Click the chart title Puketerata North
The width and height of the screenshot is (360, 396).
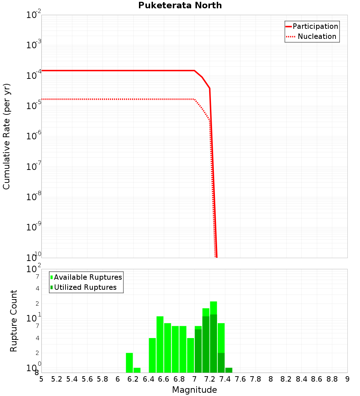[180, 5]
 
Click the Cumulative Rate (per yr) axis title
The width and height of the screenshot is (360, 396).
[6, 136]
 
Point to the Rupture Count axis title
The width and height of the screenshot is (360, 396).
[14, 321]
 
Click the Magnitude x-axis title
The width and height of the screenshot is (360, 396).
[194, 390]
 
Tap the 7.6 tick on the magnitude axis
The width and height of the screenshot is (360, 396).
[240, 379]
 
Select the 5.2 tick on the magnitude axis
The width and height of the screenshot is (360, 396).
[57, 379]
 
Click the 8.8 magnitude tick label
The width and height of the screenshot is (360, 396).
[332, 379]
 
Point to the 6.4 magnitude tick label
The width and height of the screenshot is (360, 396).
[148, 379]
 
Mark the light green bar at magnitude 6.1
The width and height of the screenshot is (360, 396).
[129, 363]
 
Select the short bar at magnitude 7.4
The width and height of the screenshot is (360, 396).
[229, 370]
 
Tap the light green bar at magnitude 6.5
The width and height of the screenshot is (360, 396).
[160, 344]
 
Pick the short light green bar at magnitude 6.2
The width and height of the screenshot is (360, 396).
[137, 370]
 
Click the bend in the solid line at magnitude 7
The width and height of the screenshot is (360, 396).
[194, 71]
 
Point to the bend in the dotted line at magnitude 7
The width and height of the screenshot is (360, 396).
[194, 99]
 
